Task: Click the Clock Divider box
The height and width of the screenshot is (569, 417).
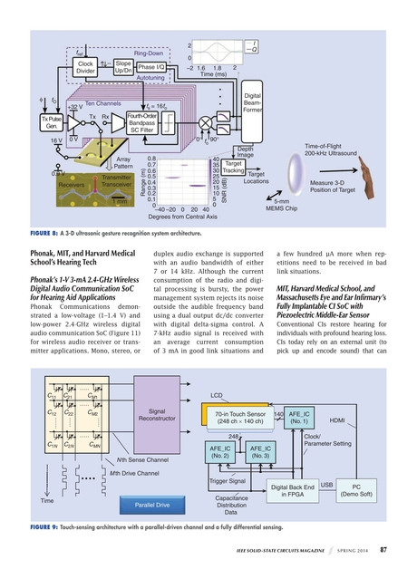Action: (x=86, y=68)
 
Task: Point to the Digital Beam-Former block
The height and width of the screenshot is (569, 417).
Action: (x=253, y=103)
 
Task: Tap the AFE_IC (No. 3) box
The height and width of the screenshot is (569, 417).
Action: (x=260, y=452)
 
